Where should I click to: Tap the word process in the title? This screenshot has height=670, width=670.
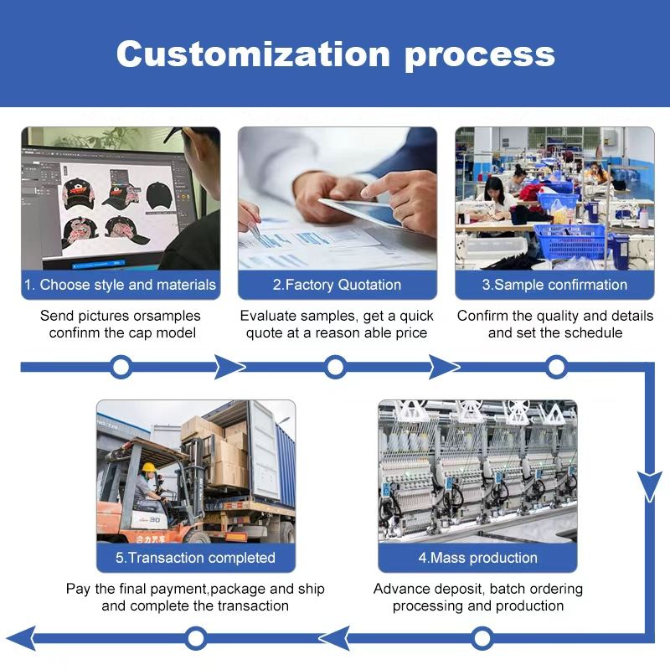coord(480,54)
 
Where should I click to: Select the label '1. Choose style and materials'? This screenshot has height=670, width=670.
coord(120,285)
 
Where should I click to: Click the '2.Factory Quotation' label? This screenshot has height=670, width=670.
coord(338,285)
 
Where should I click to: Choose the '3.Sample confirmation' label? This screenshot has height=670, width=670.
coord(554,285)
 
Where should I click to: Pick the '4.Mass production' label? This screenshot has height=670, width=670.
coord(477,558)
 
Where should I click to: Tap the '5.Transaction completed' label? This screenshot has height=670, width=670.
coord(195,558)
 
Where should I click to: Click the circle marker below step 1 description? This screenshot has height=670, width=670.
coord(121,366)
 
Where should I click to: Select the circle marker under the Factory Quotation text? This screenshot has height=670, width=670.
coord(336,366)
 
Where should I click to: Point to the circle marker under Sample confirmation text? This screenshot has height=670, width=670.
coord(556,366)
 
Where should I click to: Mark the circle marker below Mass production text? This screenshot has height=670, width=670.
coord(482,639)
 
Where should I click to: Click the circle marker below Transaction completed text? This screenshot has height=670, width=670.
coord(196,639)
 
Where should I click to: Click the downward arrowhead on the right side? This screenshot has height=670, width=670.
coord(650,485)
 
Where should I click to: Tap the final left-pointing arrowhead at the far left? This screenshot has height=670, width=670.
coord(20,638)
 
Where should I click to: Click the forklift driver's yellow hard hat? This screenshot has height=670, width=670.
coord(148,467)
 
